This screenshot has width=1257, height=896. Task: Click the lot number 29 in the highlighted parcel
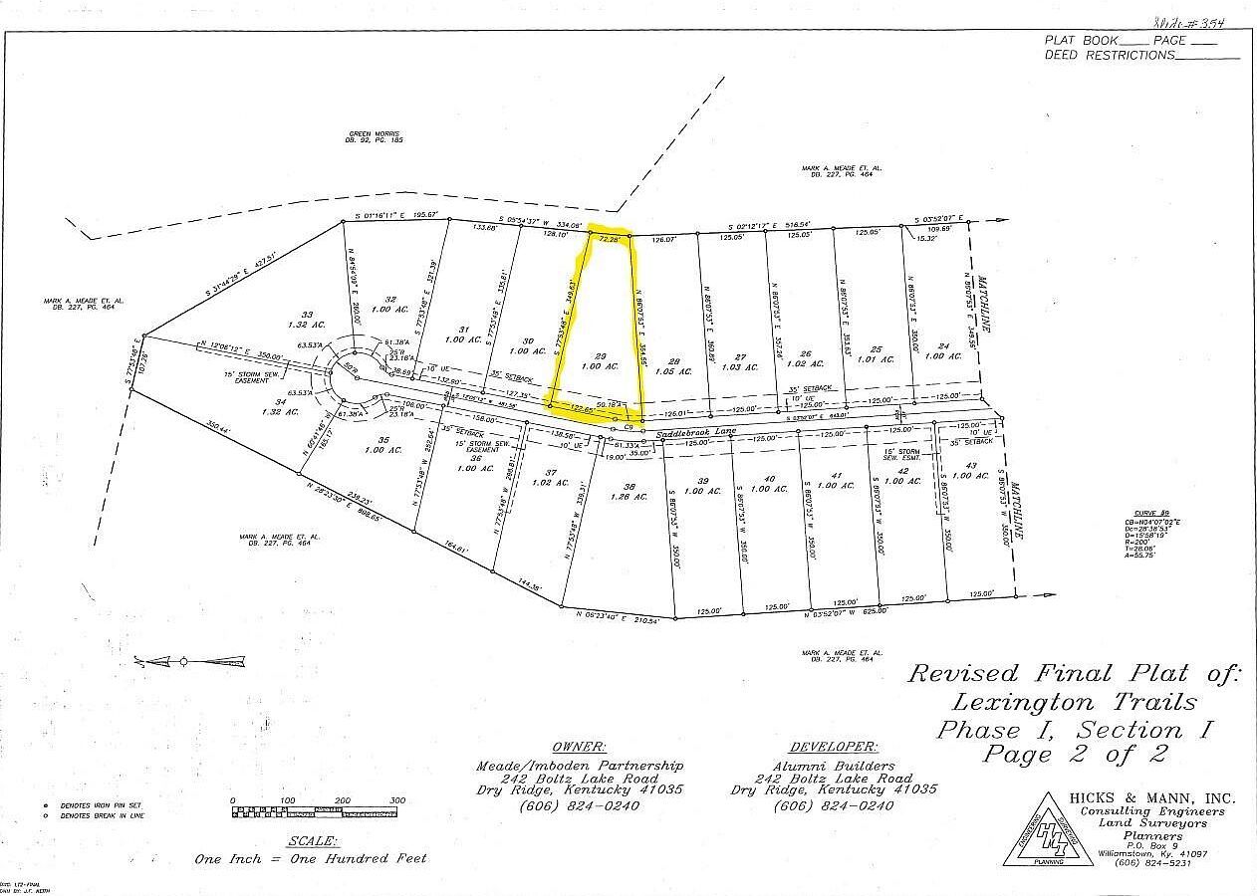(600, 355)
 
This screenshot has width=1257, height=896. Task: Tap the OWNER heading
(579, 747)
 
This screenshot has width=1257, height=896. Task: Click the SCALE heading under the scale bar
(308, 840)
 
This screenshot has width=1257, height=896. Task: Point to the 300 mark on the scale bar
(396, 800)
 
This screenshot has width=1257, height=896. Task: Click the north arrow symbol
(189, 660)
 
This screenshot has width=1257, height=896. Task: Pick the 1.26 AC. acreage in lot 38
(622, 497)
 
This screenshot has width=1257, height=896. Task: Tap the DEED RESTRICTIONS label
(1110, 56)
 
